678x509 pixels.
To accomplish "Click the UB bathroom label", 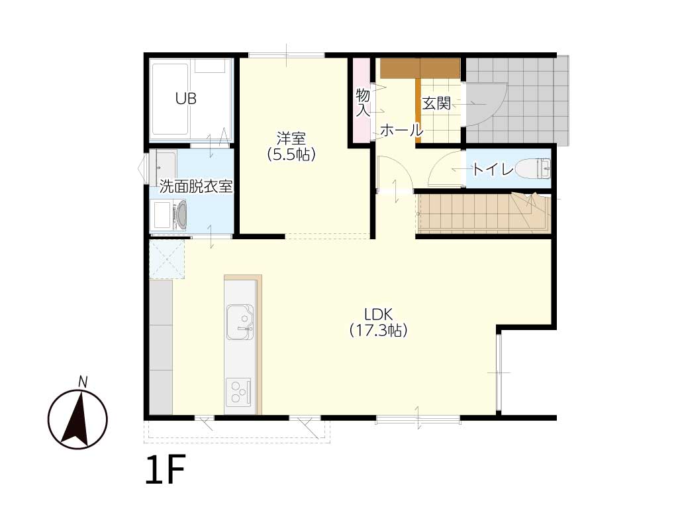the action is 186,99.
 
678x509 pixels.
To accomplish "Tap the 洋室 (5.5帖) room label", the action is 291,146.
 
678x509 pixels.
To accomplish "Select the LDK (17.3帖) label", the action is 378,322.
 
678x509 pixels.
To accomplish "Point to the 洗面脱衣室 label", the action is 196,186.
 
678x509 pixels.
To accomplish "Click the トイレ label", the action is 493,169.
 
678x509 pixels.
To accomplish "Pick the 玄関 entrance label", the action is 436,103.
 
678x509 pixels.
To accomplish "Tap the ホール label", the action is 402,130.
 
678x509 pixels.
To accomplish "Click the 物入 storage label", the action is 363,103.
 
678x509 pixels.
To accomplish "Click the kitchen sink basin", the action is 240,322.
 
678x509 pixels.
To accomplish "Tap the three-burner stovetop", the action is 238,392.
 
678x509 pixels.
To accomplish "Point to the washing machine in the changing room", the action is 169,215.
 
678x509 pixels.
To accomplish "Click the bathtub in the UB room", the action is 170,99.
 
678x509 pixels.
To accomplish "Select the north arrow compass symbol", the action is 77,419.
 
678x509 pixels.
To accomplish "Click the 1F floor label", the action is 165,469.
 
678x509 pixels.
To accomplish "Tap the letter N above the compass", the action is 83,382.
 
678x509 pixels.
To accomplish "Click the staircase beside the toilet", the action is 483,214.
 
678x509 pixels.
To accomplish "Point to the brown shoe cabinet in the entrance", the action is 420,68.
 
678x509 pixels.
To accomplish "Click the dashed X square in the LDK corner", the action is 167,260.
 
